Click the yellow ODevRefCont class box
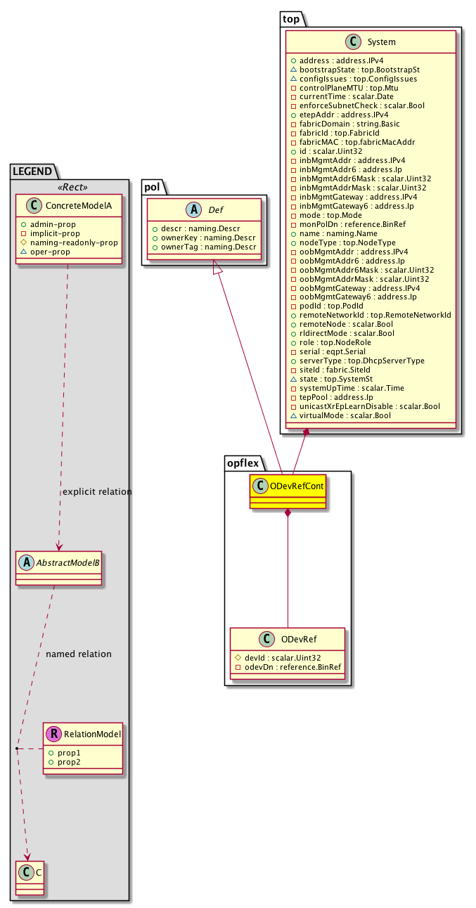pos(288,491)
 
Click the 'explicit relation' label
pos(97,492)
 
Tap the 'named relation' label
pos(78,654)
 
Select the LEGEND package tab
pos(34,170)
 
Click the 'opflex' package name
pos(243,462)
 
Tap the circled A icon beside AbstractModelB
pos(25,564)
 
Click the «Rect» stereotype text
pos(69,187)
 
